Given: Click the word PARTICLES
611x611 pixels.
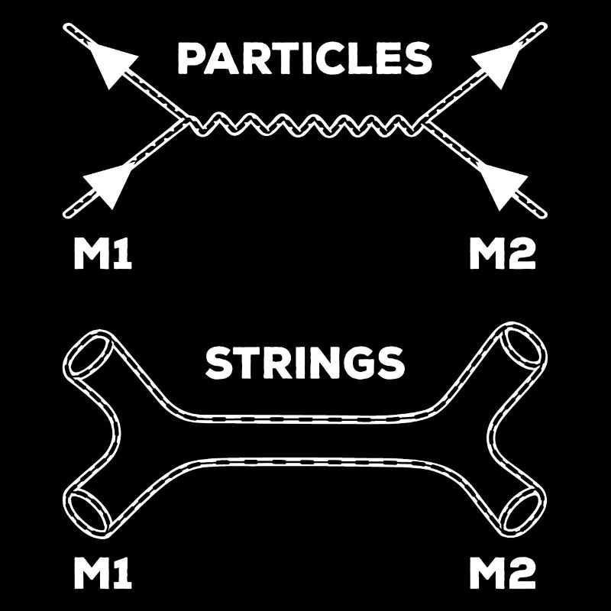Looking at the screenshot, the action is [305, 58].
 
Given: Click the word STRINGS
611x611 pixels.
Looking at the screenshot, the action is [305, 364].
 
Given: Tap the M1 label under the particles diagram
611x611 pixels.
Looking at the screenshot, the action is [103, 254].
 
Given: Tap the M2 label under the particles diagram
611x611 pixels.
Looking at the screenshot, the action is [503, 254].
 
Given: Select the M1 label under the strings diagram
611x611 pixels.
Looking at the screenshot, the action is [103, 574].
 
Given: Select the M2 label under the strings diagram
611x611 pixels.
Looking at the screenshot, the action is [503, 574].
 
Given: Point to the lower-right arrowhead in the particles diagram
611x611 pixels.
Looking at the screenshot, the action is [503, 186].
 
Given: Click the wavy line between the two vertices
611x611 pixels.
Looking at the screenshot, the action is [305, 124].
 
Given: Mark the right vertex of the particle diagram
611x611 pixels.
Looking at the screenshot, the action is [424, 122].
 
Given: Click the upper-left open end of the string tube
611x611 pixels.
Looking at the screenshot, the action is [89, 354].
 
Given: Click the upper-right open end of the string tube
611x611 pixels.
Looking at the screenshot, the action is [523, 345].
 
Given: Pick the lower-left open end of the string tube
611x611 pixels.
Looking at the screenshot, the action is [88, 510].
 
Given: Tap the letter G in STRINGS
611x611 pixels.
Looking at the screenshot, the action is [363, 364].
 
